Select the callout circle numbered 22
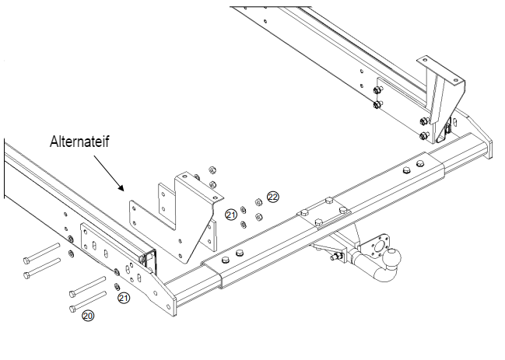(272, 197)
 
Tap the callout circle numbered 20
(87, 316)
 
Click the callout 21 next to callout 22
(231, 214)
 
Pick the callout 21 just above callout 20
(124, 298)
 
